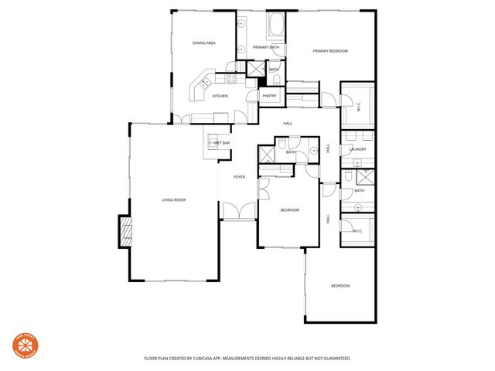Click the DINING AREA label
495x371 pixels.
pyautogui.click(x=204, y=43)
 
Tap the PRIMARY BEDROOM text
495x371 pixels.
pyautogui.click(x=330, y=51)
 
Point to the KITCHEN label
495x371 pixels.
pyautogui.click(x=220, y=96)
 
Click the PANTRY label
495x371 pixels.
pyautogui.click(x=270, y=96)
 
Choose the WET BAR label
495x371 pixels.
pyautogui.click(x=221, y=143)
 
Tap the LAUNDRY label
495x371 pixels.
pyautogui.click(x=357, y=149)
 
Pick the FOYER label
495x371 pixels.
pyautogui.click(x=240, y=177)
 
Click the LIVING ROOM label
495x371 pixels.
pyautogui.click(x=173, y=200)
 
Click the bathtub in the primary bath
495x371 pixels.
pyautogui.click(x=276, y=28)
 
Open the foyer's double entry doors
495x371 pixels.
pyautogui.click(x=238, y=210)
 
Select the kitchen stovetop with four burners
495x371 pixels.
pyautogui.click(x=231, y=78)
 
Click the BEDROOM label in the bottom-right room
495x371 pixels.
pyautogui.click(x=340, y=286)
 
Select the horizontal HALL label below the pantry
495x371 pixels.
pyautogui.click(x=288, y=124)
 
